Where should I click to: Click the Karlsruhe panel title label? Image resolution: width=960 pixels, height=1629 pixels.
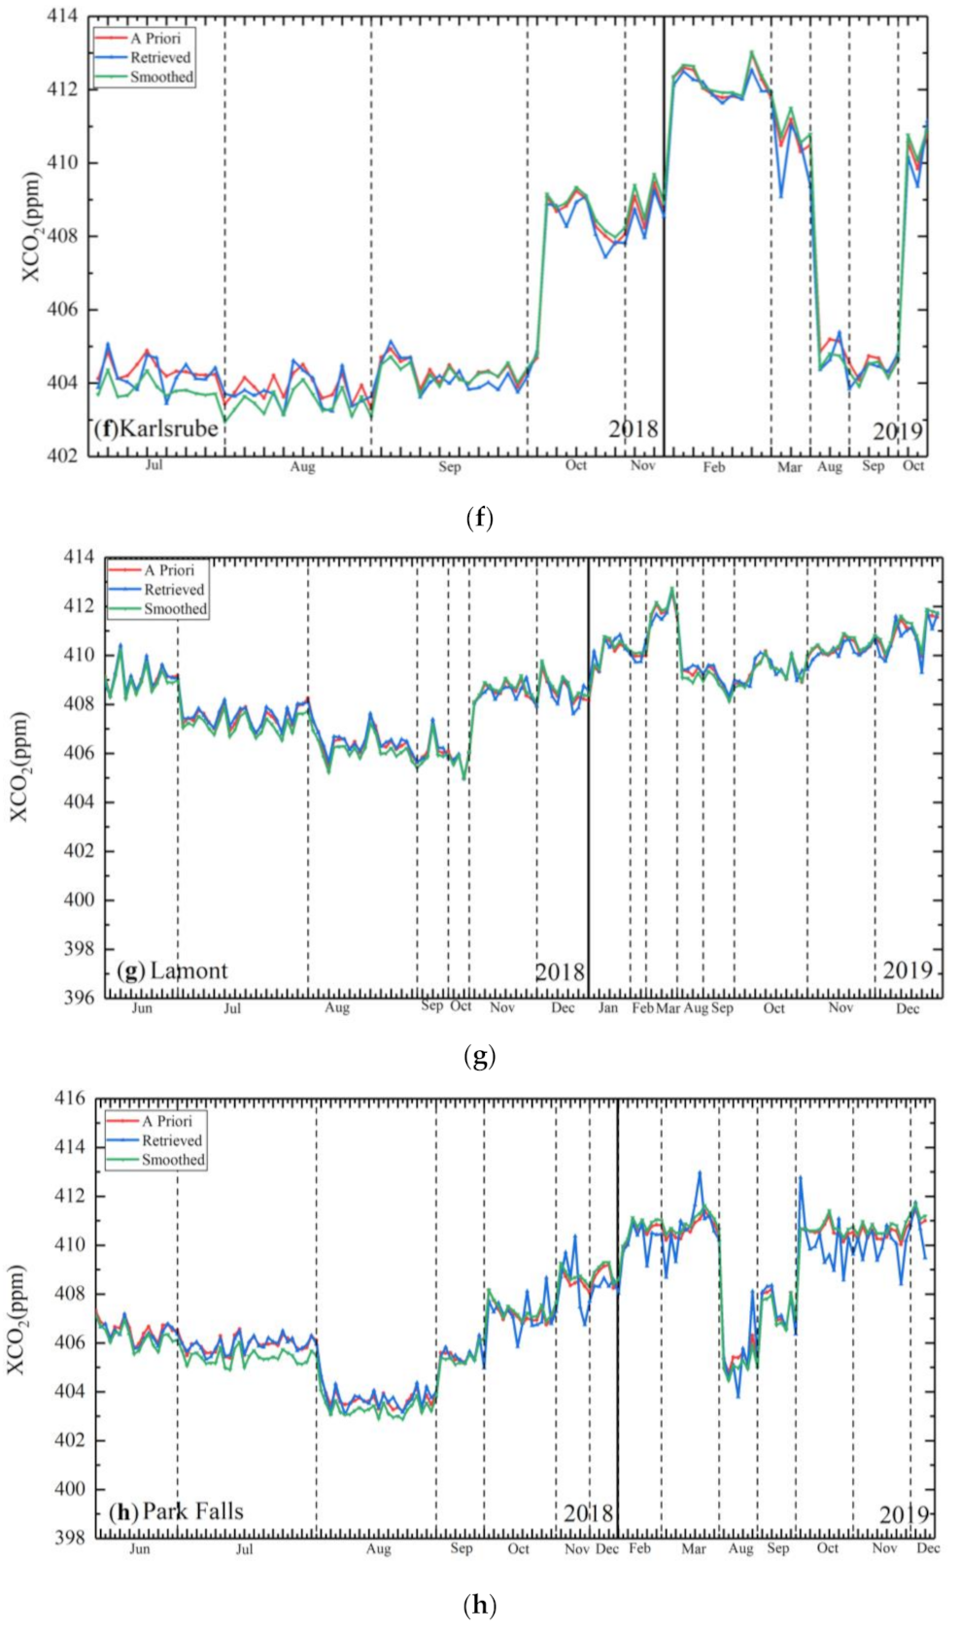(x=156, y=428)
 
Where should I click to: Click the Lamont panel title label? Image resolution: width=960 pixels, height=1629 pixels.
(x=172, y=970)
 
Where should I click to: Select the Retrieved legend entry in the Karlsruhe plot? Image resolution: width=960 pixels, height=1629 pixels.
(x=160, y=57)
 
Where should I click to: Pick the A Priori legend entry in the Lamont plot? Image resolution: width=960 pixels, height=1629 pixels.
(x=169, y=570)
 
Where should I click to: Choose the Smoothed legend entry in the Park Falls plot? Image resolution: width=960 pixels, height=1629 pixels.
(x=173, y=1160)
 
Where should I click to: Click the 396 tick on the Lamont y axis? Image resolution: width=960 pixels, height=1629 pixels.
(x=78, y=998)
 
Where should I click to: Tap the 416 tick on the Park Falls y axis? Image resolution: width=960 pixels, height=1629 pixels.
(x=71, y=1099)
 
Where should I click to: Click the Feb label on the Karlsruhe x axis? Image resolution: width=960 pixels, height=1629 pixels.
(x=714, y=467)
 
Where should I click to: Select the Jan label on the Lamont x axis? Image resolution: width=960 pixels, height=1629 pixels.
(x=608, y=1008)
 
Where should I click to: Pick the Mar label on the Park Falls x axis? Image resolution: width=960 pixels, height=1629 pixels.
(x=693, y=1548)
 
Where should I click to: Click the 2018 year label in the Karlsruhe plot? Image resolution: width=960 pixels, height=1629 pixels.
(x=633, y=428)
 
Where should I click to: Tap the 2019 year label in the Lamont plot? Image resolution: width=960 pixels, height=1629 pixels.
(x=907, y=969)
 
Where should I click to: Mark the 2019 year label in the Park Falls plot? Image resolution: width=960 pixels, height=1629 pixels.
(x=904, y=1514)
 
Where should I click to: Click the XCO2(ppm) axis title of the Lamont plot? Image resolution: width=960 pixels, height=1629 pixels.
(x=20, y=767)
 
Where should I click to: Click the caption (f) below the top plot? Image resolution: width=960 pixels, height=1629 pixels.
(x=480, y=518)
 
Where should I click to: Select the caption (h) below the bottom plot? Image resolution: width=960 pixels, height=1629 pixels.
(x=480, y=1604)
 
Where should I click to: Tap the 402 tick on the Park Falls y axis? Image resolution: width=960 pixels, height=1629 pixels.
(x=71, y=1441)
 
